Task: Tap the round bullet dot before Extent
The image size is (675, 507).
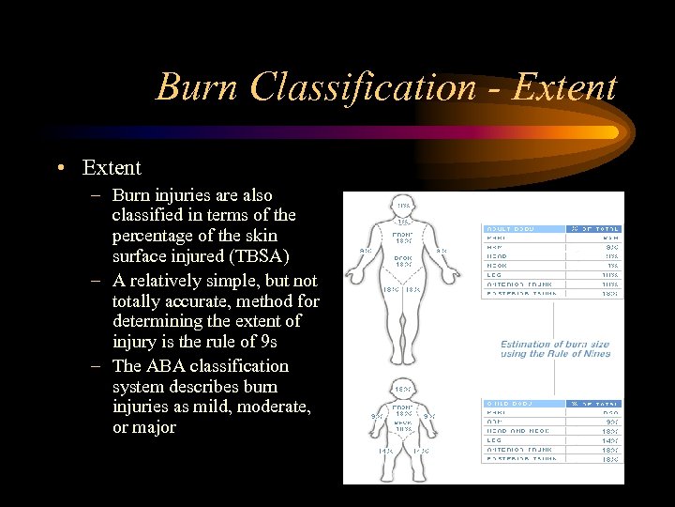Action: (60, 168)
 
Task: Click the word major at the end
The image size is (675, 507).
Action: (155, 427)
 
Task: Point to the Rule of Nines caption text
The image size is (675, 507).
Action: (554, 348)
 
